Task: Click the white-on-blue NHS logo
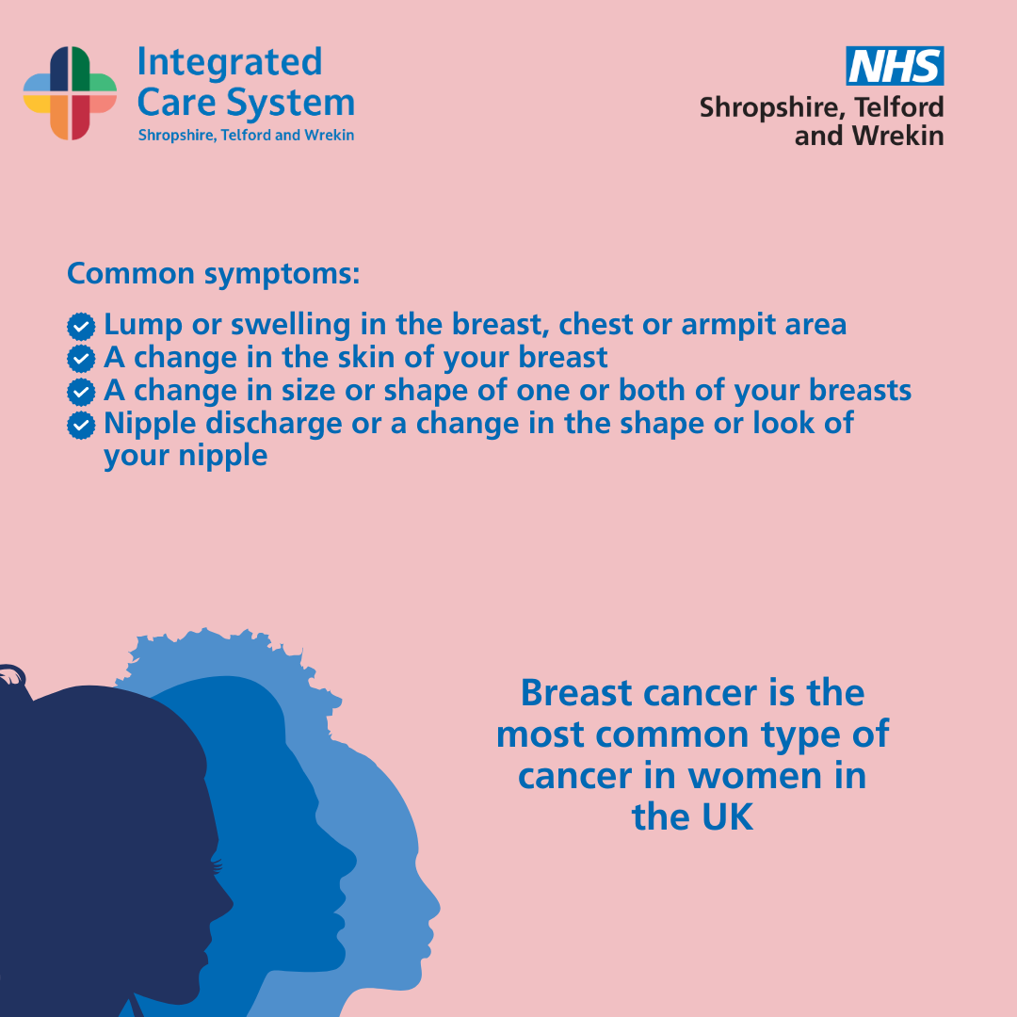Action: [895, 66]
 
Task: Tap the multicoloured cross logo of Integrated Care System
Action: [70, 93]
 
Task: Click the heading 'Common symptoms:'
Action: [213, 274]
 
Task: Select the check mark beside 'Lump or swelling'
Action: [81, 326]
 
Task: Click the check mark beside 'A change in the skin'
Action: [81, 359]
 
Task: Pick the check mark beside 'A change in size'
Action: [81, 392]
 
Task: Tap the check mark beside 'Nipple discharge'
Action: [81, 425]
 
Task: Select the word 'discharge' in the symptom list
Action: [274, 424]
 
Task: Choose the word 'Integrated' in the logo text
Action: [230, 62]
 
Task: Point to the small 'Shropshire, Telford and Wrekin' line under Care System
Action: [246, 135]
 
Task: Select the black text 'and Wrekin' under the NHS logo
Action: [869, 136]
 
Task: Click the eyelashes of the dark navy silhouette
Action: [216, 866]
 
